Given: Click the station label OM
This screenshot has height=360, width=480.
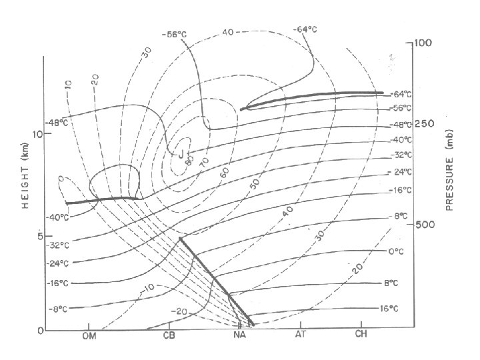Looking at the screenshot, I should point(89,336).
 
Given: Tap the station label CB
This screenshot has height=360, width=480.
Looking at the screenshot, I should point(170,336).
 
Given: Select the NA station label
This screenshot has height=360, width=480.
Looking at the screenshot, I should point(241,336).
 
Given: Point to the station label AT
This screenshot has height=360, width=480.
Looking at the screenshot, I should point(301,336).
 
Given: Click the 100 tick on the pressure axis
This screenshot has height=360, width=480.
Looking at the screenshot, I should point(423,43).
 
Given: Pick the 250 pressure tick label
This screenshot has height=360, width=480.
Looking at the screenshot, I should point(425,125).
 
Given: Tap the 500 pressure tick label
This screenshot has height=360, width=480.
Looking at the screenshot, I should point(425,225).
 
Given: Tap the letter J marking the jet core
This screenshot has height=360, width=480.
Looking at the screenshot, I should point(181,154).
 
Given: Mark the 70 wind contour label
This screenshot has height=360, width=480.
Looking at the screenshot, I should point(203,161).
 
